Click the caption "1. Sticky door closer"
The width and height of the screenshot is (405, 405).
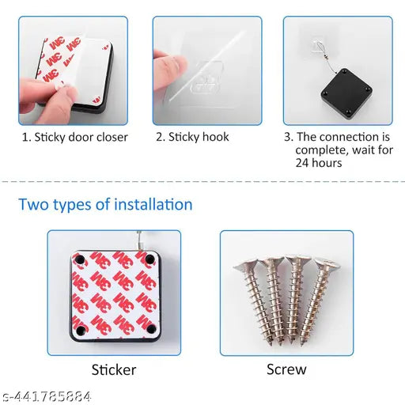coord(75,138)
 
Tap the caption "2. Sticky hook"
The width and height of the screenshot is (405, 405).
coord(192,137)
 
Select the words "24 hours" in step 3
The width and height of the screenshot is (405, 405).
coord(319,163)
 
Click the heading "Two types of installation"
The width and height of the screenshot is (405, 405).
coord(105,205)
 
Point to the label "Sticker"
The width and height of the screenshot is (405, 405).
coord(114,369)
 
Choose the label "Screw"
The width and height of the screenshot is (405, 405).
coord(286,369)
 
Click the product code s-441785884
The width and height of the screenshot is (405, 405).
coord(47,396)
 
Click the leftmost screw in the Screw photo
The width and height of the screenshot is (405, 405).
coord(256,298)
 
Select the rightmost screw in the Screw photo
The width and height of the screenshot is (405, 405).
coord(318,299)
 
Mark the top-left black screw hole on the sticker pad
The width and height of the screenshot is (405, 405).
coord(79,259)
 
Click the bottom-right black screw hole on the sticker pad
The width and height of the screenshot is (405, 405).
coord(151,329)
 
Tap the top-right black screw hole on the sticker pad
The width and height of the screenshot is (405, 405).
coord(150,259)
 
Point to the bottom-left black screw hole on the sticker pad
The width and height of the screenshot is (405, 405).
coord(80,329)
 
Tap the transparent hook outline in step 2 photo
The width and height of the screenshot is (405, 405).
coord(206,77)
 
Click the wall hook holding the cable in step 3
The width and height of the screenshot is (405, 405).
coord(316,47)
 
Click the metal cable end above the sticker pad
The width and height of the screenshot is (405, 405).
coord(139,241)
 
